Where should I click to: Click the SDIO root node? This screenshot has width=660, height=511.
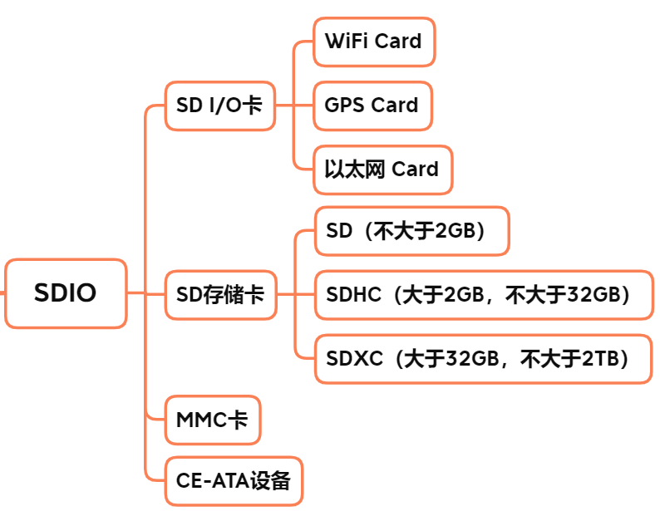(66, 293)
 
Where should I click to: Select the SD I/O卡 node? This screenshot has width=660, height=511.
(219, 106)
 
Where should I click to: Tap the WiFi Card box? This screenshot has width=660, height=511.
(373, 42)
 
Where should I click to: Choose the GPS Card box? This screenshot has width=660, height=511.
(372, 106)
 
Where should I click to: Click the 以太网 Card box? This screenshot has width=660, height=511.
(382, 170)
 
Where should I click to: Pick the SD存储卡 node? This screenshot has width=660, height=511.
(220, 294)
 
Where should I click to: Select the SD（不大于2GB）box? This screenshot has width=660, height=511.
(411, 231)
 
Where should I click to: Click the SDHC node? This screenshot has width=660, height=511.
(482, 294)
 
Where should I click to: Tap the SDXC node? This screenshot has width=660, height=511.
(482, 358)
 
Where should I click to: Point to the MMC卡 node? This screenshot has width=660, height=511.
(212, 420)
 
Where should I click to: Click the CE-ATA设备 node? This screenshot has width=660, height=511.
(234, 481)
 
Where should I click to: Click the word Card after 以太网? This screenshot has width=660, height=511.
(415, 170)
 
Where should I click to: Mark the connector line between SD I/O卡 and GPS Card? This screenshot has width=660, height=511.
(294, 106)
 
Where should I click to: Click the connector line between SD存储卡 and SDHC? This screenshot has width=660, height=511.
(295, 294)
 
